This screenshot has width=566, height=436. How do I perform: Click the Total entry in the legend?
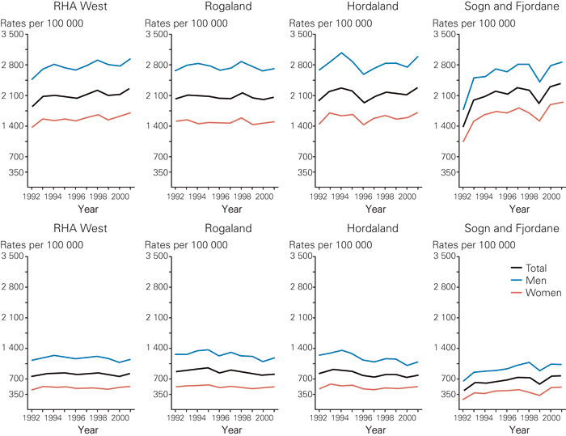click(x=534, y=268)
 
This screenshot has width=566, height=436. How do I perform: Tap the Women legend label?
click(x=539, y=291)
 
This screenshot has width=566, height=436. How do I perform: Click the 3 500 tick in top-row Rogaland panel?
click(x=157, y=35)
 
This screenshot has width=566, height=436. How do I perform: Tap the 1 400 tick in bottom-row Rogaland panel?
click(x=157, y=348)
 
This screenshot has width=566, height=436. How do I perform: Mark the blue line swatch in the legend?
click(x=514, y=279)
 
